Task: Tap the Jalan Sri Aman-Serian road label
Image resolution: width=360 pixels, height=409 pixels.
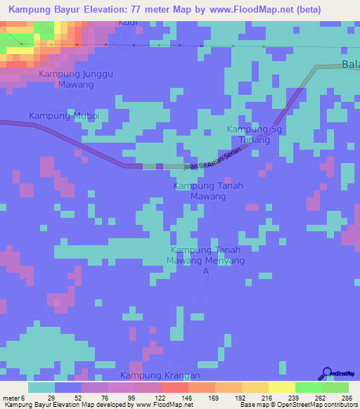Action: [217, 160]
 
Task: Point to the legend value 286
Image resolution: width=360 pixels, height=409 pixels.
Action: [346, 398]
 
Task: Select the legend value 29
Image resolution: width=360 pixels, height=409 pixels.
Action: [52, 398]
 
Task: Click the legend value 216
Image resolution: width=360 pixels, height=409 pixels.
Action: [268, 398]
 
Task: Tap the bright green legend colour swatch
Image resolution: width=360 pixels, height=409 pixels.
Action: [308, 387]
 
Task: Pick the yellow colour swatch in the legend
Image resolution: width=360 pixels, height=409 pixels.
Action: [281, 387]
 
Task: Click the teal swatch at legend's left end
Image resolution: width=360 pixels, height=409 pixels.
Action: [41, 387]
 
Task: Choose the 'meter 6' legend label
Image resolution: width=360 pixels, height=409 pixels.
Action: [14, 398]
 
